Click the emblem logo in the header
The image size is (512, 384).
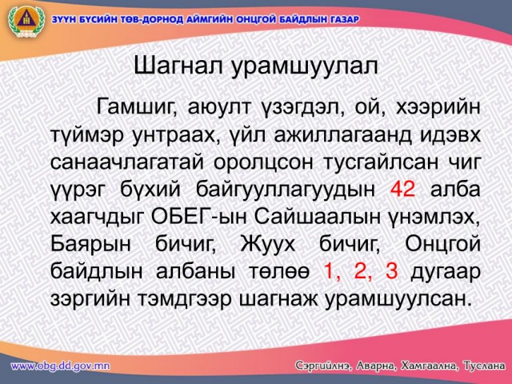pyautogui.click(x=26, y=22)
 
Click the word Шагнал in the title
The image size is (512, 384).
pyautogui.click(x=178, y=66)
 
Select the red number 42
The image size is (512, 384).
pyautogui.click(x=402, y=189)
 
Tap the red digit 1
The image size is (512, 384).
pyautogui.click(x=330, y=271)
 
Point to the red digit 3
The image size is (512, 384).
pyautogui.click(x=391, y=271)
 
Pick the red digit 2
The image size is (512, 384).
pyautogui.click(x=361, y=271)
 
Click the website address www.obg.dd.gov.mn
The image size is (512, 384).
pyautogui.click(x=61, y=366)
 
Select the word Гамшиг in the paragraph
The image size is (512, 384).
pyautogui.click(x=134, y=108)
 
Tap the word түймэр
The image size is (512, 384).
pyautogui.click(x=87, y=135)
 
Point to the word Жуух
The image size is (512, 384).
pyautogui.click(x=268, y=245)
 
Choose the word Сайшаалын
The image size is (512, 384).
pyautogui.click(x=317, y=217)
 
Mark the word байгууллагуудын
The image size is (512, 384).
pyautogui.click(x=286, y=190)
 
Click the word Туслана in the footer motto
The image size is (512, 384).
pyautogui.click(x=484, y=366)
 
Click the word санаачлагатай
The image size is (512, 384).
pyautogui.click(x=126, y=162)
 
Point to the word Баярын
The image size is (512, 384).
pyautogui.click(x=90, y=245)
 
